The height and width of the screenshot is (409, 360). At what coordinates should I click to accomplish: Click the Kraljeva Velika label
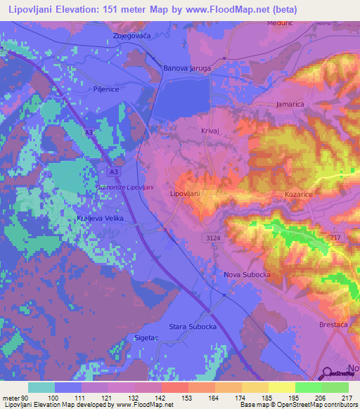click(100, 219)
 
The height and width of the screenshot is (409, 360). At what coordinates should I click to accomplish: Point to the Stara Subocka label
click(191, 326)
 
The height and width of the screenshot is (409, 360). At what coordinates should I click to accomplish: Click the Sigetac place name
click(148, 338)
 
